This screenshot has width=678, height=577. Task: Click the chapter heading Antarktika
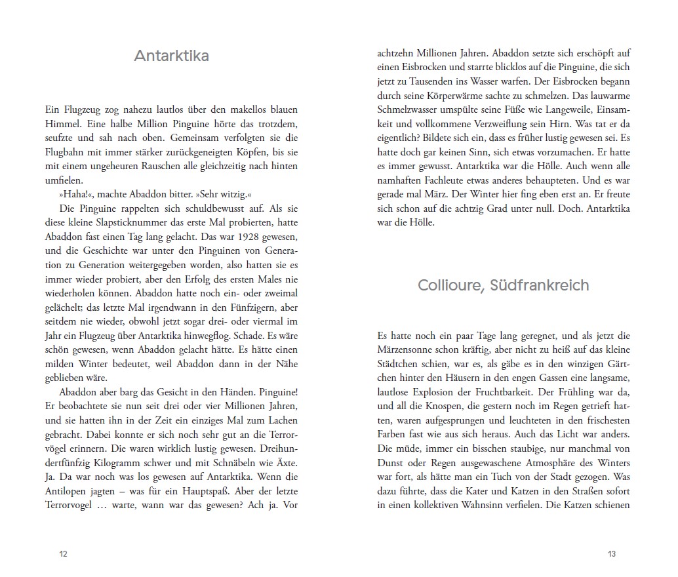pyautogui.click(x=171, y=56)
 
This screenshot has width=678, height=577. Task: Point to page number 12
pyautogui.click(x=63, y=553)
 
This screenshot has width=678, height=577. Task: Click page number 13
pyautogui.click(x=611, y=553)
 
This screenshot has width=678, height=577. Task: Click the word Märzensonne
pyautogui.click(x=406, y=348)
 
